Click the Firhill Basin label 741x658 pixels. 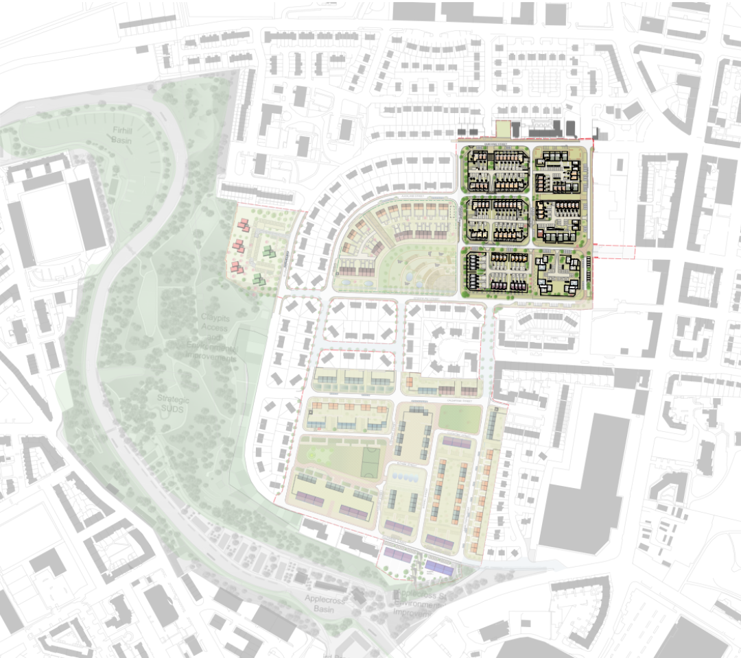pos(121,134)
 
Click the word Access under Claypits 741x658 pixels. pos(216,328)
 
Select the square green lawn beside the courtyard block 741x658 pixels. pos(460,418)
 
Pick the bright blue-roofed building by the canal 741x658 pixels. pos(440,568)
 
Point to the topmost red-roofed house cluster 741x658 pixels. pos(243,224)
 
